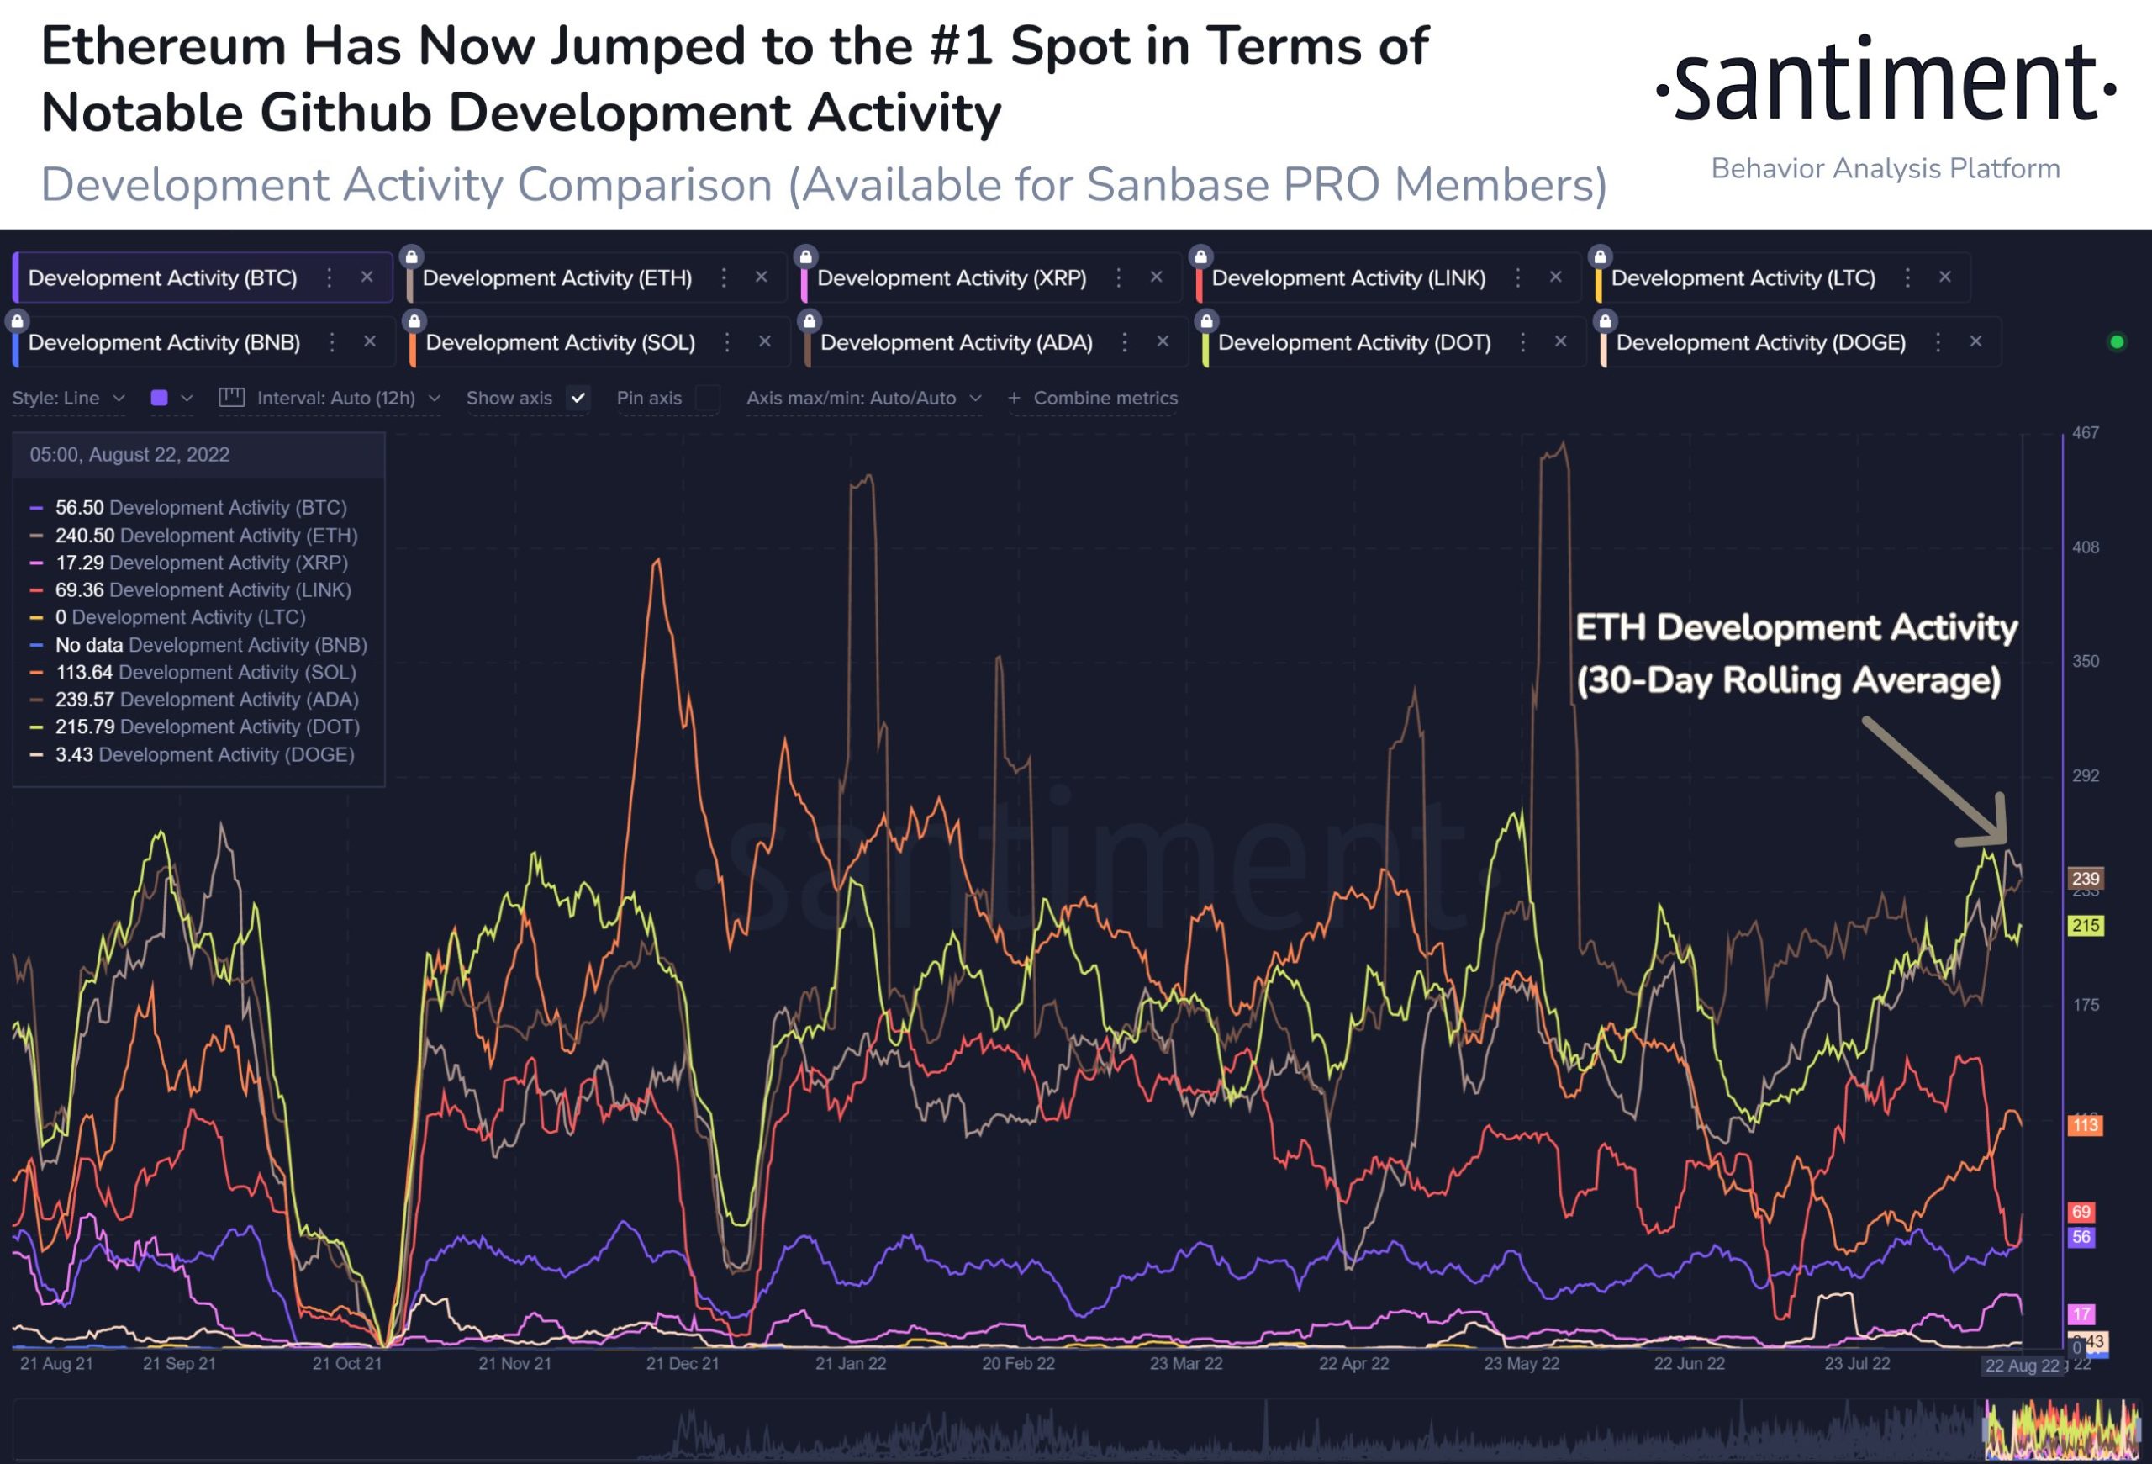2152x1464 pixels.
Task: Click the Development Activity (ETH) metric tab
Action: (557, 277)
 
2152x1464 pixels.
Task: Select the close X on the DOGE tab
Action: (1976, 341)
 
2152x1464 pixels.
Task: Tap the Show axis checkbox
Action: (578, 399)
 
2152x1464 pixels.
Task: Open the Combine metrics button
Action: (1094, 399)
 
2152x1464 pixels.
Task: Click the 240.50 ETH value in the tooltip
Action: (84, 535)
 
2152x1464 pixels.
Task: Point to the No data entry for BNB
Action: (89, 644)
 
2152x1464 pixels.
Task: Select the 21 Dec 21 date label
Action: (683, 1364)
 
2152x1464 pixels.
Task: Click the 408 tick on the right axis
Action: (2086, 547)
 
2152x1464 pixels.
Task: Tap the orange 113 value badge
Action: (2086, 1125)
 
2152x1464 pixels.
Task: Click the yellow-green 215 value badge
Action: (2086, 925)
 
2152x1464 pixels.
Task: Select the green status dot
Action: (2117, 341)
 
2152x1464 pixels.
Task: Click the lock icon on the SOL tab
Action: (414, 321)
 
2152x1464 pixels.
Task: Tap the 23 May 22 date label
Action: (1522, 1364)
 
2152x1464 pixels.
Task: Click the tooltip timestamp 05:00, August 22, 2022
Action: (129, 455)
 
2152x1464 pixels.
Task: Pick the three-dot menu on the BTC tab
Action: (329, 277)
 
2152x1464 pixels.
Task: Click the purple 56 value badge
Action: (2081, 1237)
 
